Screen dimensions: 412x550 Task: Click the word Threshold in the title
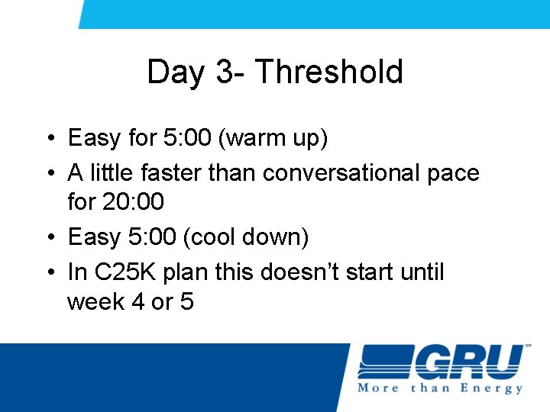(329, 72)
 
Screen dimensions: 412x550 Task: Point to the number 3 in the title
(225, 72)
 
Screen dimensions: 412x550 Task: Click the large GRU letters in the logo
(471, 362)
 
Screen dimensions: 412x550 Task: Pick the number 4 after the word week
(138, 302)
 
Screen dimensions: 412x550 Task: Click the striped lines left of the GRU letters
(386, 362)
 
